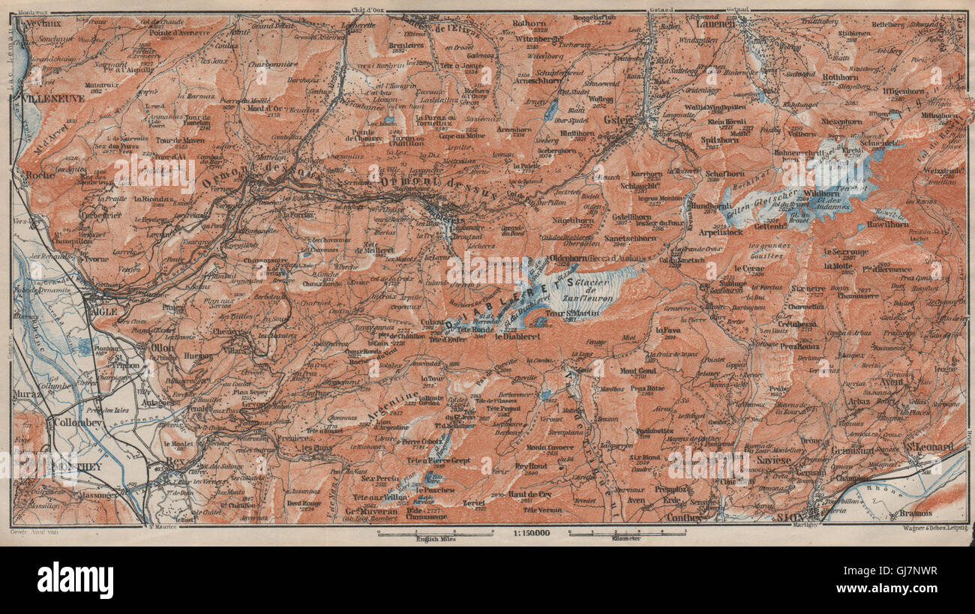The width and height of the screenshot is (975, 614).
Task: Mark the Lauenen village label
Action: point(721,24)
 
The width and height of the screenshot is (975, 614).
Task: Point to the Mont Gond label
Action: point(638,370)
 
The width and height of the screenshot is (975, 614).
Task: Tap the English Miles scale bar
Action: point(435,535)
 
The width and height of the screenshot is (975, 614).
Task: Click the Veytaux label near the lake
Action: point(38,23)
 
